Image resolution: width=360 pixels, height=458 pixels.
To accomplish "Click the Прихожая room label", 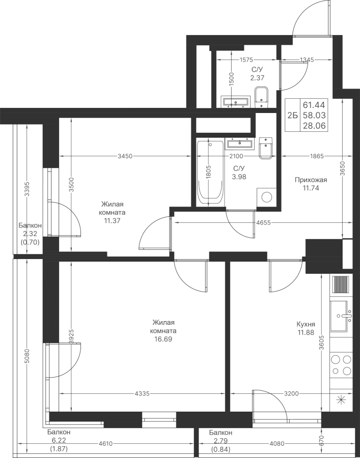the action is point(311,180).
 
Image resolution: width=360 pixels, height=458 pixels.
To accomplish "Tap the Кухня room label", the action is point(306,324).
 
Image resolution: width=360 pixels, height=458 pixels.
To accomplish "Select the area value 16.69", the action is point(164,339).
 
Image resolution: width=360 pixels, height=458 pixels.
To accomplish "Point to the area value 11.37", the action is point(112,221).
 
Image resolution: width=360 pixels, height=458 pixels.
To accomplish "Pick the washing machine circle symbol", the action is point(266,197).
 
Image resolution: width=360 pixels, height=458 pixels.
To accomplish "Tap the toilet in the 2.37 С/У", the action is point(261,97).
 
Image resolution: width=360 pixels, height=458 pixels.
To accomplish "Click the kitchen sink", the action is point(341,316).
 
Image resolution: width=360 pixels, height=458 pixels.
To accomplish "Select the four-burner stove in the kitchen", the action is point(341,364).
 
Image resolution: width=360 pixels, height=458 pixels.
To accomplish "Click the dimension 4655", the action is point(263,222).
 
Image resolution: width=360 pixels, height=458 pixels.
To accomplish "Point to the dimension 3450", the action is point(125,156).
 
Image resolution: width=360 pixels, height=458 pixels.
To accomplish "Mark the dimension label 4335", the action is point(142,394).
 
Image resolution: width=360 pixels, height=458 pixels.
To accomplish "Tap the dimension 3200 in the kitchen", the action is point(291,394).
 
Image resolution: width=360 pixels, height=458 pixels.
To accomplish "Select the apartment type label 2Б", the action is point(292,116).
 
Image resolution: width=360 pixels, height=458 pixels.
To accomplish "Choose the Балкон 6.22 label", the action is point(59,435).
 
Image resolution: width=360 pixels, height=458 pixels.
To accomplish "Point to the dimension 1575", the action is point(246,60).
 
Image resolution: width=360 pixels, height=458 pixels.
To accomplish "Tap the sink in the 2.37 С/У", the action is point(236,101).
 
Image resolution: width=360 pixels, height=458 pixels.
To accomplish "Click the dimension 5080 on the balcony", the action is point(27,356).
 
